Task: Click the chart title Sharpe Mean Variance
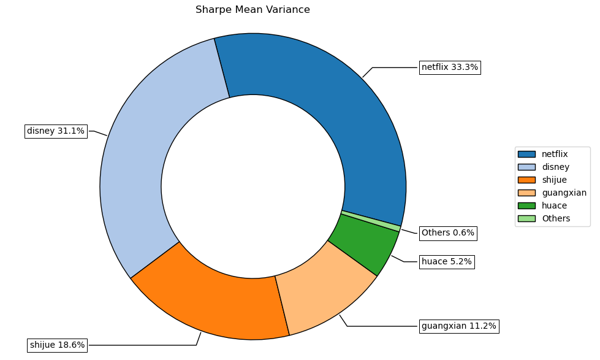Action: pos(253,10)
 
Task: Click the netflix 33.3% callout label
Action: pos(450,67)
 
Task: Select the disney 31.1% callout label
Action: pos(56,131)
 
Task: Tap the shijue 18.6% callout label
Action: pos(58,345)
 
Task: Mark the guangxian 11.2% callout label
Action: pos(459,326)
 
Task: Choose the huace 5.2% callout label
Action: pos(447,262)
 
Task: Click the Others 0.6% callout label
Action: pos(448,233)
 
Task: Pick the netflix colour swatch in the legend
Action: pos(526,154)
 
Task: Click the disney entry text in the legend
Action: pos(555,167)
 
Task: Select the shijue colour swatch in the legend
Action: pos(526,180)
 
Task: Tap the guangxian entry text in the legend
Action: pos(564,193)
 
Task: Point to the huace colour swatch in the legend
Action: pos(526,205)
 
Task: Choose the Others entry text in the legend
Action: pos(556,218)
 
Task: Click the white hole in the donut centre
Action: pos(253,186)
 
